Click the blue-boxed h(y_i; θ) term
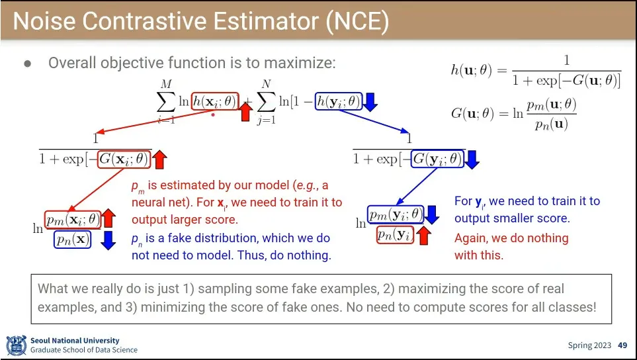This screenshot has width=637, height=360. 339,101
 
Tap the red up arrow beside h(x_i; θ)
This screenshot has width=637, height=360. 245,111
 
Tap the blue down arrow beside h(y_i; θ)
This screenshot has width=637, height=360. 370,103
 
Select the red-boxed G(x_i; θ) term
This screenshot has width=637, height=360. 124,159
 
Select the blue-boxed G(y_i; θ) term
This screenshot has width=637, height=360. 438,158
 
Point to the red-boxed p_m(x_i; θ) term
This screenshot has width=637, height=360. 73,220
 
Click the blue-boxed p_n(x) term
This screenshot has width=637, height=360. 72,240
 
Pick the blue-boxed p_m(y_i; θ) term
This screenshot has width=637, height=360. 396,215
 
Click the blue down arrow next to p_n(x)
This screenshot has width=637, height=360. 108,240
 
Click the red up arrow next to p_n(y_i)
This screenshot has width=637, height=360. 423,236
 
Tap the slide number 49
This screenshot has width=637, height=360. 622,345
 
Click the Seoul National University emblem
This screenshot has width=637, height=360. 17,345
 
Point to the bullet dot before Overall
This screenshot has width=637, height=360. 28,64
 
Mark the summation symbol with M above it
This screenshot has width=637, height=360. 166,101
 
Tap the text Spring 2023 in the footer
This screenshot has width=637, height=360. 589,345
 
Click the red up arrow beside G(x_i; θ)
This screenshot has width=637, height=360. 159,159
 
